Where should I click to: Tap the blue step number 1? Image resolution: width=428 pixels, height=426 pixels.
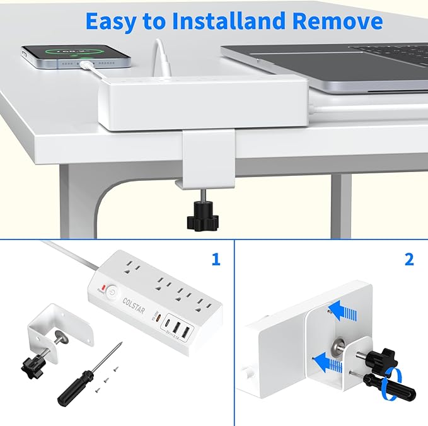click(x=216, y=259)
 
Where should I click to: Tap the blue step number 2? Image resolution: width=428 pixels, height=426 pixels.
click(x=409, y=259)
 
